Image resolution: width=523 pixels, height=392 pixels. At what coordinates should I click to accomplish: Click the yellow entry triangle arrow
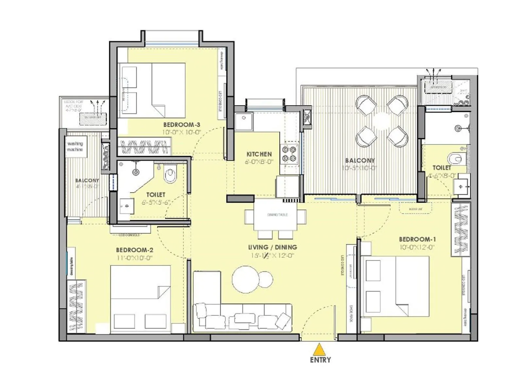click(319, 350)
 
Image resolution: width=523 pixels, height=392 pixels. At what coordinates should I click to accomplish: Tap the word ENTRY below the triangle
click(320, 360)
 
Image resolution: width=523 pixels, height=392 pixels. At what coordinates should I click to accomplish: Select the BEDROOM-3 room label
click(181, 124)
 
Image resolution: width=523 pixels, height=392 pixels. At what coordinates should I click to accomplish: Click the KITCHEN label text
click(259, 154)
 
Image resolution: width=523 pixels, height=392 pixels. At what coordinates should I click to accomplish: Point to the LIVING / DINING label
click(272, 247)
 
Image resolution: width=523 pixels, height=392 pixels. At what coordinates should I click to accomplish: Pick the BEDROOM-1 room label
click(417, 239)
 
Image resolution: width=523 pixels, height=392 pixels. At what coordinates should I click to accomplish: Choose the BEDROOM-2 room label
click(134, 250)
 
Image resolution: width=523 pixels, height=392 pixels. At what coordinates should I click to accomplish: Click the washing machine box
click(76, 147)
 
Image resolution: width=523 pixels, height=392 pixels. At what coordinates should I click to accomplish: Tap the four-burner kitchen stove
click(289, 154)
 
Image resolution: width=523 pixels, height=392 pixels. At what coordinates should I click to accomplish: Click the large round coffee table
click(245, 279)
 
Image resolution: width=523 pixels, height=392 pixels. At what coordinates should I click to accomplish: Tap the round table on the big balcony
click(382, 121)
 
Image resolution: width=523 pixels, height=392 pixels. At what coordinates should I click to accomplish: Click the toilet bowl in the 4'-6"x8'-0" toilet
click(457, 159)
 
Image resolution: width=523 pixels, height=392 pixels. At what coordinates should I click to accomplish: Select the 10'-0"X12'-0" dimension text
click(417, 247)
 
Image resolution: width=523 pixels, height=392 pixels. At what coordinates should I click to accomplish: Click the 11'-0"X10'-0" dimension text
click(134, 258)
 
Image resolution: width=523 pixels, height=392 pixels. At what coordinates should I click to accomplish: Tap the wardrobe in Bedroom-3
click(144, 147)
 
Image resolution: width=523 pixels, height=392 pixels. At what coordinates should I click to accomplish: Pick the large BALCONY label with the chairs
click(360, 160)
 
